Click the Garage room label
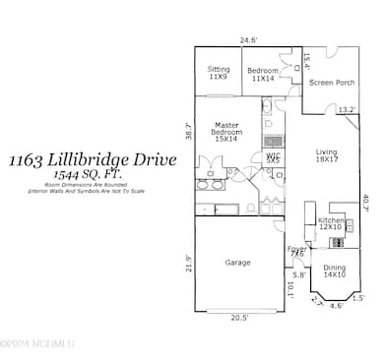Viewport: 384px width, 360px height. coord(237,263)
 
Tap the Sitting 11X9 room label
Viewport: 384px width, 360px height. coord(219,73)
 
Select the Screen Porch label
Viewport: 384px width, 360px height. coord(333,83)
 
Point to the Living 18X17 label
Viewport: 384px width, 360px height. coord(326,155)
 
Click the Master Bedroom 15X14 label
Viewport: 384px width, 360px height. coord(225,133)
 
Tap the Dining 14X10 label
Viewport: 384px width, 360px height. coord(335,270)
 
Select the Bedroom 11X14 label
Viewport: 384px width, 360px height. coord(263,73)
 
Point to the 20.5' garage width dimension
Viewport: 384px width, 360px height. coord(240,318)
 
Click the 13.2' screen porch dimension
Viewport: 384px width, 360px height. coord(346,110)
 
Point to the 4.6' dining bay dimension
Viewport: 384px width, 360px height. coord(336,306)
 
